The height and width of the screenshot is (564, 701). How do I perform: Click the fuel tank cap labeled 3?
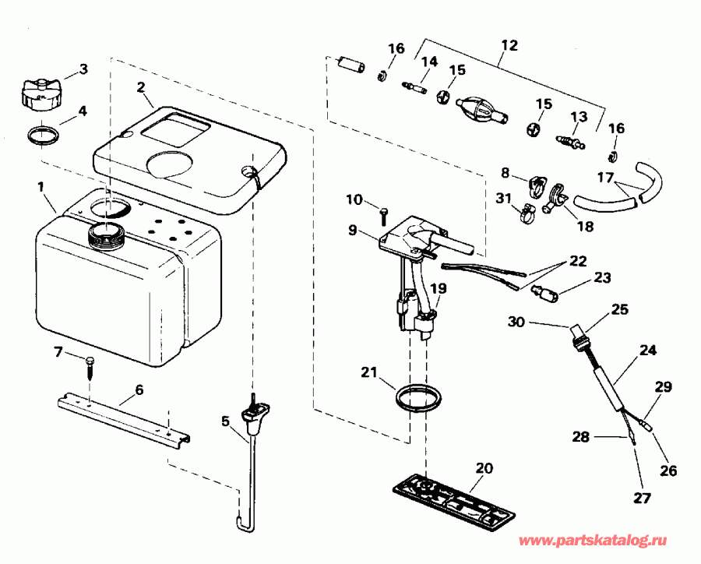(x=40, y=91)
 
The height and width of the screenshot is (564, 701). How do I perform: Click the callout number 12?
(x=509, y=46)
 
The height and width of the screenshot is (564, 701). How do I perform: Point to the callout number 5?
(x=226, y=422)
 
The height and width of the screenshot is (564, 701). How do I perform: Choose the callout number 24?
(x=646, y=351)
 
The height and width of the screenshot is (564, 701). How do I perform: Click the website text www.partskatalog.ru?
(x=607, y=539)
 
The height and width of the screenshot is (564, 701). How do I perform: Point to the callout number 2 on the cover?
(x=142, y=87)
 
